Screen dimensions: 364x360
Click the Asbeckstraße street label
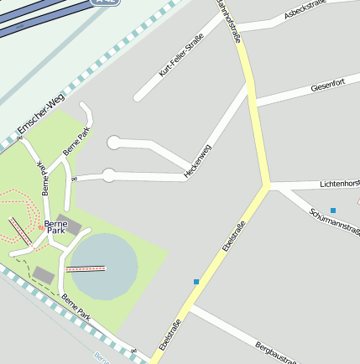point(305,11)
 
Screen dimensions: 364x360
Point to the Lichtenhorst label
point(339,183)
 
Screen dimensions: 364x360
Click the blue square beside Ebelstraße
point(196,282)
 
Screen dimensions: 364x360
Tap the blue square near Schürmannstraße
point(333,210)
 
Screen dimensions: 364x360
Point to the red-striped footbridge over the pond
point(86,269)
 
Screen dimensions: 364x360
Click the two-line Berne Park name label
point(56,227)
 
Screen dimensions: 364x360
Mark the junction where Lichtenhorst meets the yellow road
point(267,185)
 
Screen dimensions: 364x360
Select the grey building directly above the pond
point(69,225)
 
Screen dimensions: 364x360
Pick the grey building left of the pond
point(44,274)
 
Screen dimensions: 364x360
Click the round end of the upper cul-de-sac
point(115,143)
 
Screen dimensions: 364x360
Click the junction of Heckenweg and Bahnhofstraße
point(250,84)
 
